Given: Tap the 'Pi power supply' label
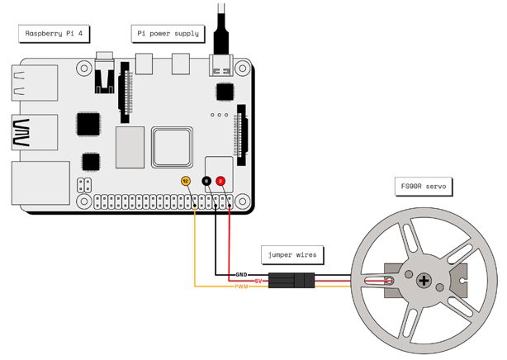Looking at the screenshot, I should click(x=167, y=33).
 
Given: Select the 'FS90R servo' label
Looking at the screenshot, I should click(x=418, y=187).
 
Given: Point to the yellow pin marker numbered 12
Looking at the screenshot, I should click(x=186, y=181).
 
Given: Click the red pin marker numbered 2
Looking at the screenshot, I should click(x=221, y=181).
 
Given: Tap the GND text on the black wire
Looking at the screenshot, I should click(x=242, y=274).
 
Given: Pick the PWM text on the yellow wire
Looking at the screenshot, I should click(x=242, y=287).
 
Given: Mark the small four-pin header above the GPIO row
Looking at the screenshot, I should click(x=84, y=185).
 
